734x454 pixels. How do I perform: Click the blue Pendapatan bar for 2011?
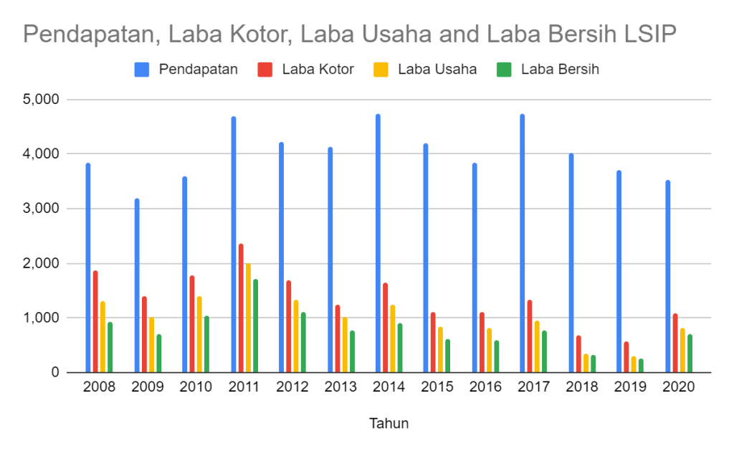(x=234, y=244)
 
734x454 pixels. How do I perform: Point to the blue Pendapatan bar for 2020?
(x=668, y=276)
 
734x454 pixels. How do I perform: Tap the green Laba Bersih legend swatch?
(x=504, y=70)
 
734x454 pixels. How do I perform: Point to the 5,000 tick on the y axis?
(x=42, y=99)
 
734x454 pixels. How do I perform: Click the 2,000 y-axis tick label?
(x=42, y=263)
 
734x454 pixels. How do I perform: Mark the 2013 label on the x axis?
(x=340, y=387)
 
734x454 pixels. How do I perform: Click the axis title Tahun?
(x=389, y=423)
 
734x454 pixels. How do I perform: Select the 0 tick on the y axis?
(x=54, y=372)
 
